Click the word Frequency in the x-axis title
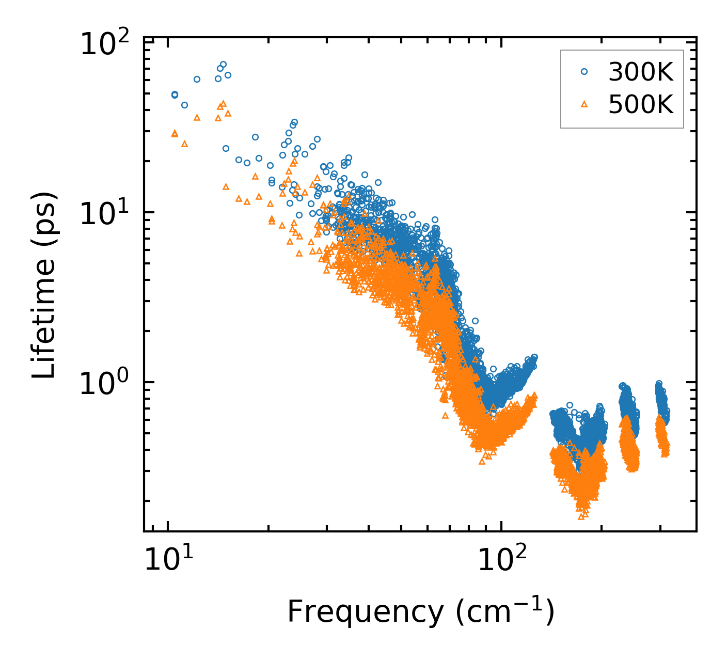pyautogui.click(x=365, y=612)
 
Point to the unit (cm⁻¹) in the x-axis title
pyautogui.click(x=505, y=612)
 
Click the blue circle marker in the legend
pyautogui.click(x=584, y=72)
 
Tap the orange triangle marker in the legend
pyautogui.click(x=584, y=104)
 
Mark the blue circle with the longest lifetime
pyautogui.click(x=223, y=65)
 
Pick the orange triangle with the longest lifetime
pyautogui.click(x=223, y=103)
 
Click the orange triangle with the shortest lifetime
pyautogui.click(x=581, y=516)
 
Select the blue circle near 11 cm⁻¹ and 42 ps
pyautogui.click(x=184, y=105)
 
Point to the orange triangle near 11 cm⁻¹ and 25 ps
pyautogui.click(x=184, y=144)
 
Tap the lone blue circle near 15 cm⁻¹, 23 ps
pyautogui.click(x=226, y=148)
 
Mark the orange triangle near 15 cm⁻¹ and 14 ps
pyautogui.click(x=226, y=186)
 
